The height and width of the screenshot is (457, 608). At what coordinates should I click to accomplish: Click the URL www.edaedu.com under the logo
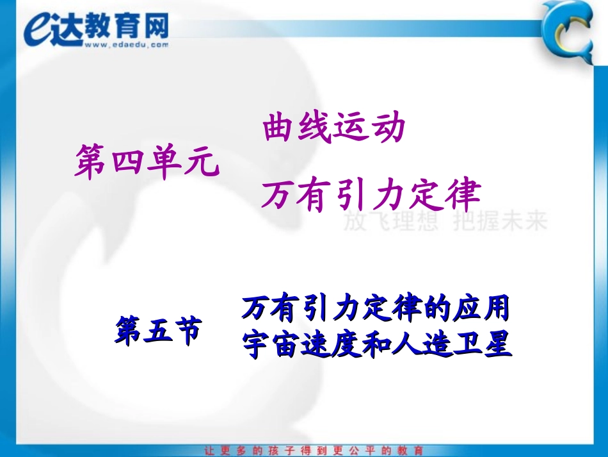click(x=125, y=45)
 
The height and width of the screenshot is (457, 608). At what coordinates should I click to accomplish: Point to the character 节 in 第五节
click(x=187, y=329)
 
